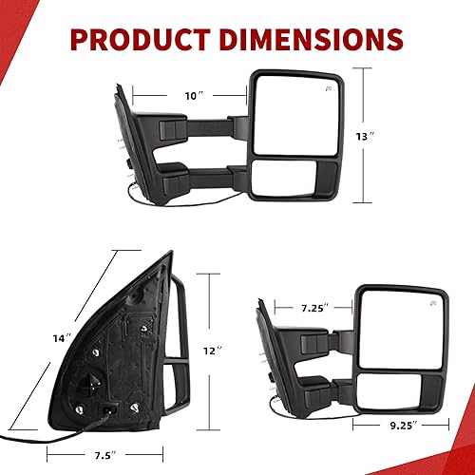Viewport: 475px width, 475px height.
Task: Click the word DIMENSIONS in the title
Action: [x=313, y=40]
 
